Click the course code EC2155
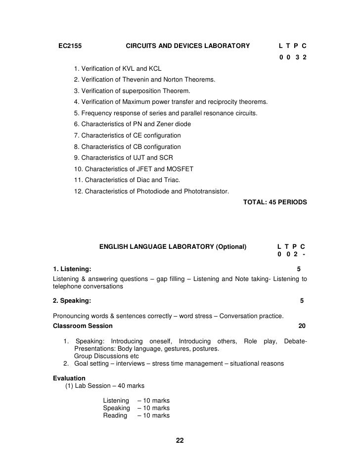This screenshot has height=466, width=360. (70, 47)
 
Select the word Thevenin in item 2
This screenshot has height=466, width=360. (135, 80)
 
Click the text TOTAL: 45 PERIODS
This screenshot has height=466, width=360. (275, 202)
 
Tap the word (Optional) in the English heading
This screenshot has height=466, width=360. (231, 246)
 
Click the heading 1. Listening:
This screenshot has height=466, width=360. (72, 269)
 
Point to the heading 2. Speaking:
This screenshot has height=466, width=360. (72, 300)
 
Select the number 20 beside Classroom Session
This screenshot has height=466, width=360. (302, 326)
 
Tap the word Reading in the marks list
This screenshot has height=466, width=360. (115, 416)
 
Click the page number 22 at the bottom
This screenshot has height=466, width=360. (180, 441)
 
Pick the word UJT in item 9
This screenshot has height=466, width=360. (136, 158)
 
